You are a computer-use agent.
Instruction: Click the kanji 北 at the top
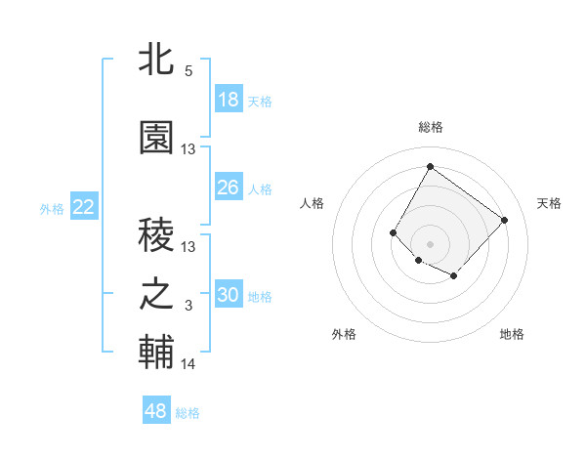pyautogui.click(x=157, y=62)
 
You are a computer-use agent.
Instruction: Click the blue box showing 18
pyautogui.click(x=229, y=100)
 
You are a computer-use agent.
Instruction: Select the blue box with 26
pyautogui.click(x=229, y=188)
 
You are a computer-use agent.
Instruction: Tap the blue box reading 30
pyautogui.click(x=229, y=295)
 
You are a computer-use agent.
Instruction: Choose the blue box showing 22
pyautogui.click(x=84, y=207)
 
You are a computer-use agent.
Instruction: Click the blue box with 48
pyautogui.click(x=156, y=411)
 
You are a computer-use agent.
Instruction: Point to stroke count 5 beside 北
pyautogui.click(x=188, y=71)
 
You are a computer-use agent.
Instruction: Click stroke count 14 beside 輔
pyautogui.click(x=188, y=364)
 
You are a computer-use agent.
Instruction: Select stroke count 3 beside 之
pyautogui.click(x=188, y=307)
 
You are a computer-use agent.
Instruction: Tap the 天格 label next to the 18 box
pyautogui.click(x=260, y=101)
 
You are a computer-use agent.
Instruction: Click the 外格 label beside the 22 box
pyautogui.click(x=52, y=208)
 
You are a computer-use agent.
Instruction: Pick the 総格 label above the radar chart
pyautogui.click(x=430, y=127)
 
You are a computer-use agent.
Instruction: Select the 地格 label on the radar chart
pyautogui.click(x=512, y=334)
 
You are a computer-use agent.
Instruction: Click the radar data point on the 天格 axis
pyautogui.click(x=504, y=220)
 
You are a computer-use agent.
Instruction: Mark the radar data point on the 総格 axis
pyautogui.click(x=430, y=166)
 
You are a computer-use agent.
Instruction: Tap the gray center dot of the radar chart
pyautogui.click(x=430, y=243)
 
